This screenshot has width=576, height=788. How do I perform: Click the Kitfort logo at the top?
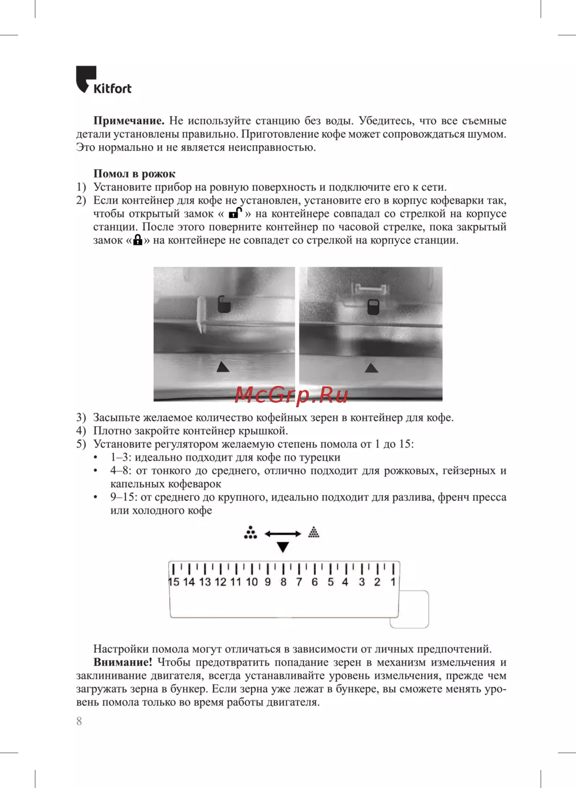point(104,80)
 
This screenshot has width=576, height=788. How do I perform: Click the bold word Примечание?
point(129,120)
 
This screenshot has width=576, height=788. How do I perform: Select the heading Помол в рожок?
point(134,173)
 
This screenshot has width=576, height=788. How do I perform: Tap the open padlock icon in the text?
point(236,213)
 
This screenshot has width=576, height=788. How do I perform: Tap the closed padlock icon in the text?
point(138,240)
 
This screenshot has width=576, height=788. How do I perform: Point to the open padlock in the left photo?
point(224,304)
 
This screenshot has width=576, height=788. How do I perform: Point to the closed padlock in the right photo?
point(373,307)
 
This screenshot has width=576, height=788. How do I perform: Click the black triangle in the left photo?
point(223,366)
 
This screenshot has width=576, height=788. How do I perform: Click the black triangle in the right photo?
point(371,368)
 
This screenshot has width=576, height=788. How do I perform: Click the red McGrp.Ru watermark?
point(291,395)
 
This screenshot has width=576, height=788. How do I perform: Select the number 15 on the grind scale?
point(174,582)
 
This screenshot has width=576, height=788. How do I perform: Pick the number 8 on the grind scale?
point(283,582)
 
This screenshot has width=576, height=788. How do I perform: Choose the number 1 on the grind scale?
point(393,582)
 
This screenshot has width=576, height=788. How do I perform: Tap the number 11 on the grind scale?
point(236,582)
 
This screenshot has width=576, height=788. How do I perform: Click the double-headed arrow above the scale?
point(283,533)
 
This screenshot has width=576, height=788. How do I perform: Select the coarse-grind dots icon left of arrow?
point(251,533)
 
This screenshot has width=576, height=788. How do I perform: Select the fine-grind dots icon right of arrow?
point(313,532)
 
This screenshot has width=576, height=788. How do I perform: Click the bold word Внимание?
point(123,662)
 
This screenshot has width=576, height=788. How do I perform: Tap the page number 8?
point(79,721)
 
